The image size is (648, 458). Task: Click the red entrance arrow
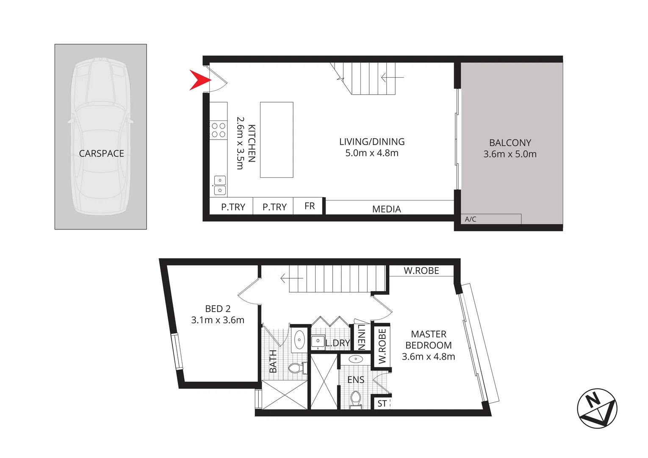[199, 80]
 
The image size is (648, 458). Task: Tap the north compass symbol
[597, 408]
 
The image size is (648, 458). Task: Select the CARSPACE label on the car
[101, 154]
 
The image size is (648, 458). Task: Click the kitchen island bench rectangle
[276, 140]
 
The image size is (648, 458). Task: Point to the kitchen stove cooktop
[218, 130]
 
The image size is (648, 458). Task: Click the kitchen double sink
[219, 185]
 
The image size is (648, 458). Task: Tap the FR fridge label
[309, 206]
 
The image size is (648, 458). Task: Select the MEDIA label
[386, 209]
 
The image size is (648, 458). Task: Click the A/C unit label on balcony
[470, 219]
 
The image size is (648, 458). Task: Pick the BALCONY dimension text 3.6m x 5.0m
[510, 154]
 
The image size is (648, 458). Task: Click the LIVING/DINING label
[372, 142]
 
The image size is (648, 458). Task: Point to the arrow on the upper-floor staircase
[291, 279]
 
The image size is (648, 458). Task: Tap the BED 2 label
[218, 309]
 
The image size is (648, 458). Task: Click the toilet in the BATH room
[298, 368]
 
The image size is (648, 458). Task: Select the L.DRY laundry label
[338, 343]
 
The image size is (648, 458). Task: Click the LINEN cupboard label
[361, 337]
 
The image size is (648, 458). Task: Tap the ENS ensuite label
[355, 380]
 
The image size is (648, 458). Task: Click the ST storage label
[382, 403]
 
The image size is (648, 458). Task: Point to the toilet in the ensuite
[355, 399]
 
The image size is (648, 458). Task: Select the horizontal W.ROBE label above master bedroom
[421, 271]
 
